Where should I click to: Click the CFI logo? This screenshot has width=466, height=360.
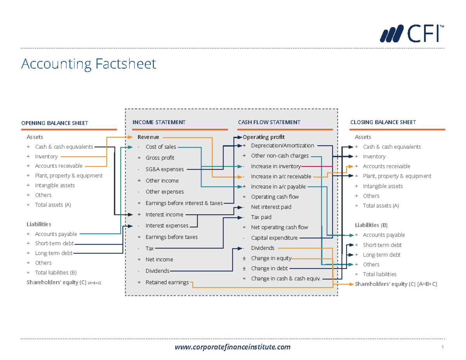412,33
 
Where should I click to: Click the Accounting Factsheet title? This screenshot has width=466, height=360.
89,64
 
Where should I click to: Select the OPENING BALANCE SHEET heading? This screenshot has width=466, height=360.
54,123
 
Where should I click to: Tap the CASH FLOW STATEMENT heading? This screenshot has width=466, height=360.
269,122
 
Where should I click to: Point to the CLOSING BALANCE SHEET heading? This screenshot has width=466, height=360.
383,122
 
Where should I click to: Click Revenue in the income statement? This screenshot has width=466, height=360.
148,137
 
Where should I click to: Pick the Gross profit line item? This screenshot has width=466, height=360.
160,158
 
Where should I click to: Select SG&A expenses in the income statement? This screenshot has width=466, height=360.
165,169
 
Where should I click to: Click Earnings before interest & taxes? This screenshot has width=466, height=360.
184,203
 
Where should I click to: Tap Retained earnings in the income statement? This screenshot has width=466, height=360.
167,282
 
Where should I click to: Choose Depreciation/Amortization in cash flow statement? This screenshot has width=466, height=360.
282,146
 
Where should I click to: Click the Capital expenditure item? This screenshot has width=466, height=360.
274,238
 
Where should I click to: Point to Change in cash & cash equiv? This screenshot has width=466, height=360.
286,278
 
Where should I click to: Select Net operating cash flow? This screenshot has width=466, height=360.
279,228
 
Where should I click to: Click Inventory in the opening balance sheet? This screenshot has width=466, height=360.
46,157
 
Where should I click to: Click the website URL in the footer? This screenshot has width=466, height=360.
233,347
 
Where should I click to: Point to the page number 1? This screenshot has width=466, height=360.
442,347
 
